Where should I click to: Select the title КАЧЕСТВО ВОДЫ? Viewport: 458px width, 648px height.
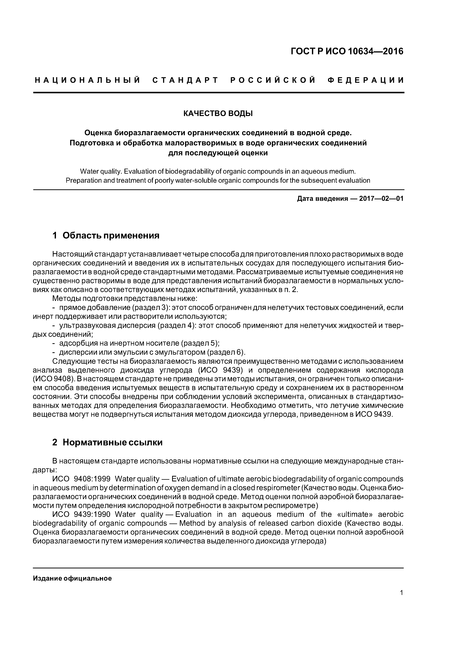[218, 113]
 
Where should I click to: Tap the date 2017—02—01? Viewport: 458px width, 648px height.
[381, 199]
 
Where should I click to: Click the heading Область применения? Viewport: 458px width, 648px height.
[111, 235]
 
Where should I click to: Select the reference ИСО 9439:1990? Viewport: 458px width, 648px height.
[81, 514]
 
